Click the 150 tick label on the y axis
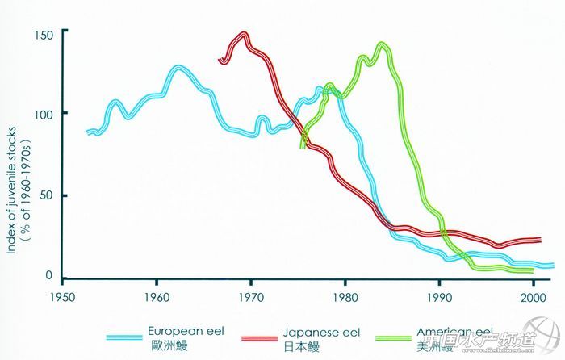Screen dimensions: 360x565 (x=43, y=35)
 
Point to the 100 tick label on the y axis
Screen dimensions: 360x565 (x=43, y=114)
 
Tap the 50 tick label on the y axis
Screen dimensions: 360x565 (x=45, y=195)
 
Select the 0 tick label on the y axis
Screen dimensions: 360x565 (x=48, y=276)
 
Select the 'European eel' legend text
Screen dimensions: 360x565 (x=185, y=332)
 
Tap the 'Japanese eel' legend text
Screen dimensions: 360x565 (x=320, y=332)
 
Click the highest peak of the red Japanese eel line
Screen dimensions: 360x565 (x=242, y=34)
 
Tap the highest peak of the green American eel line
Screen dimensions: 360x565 (x=382, y=44)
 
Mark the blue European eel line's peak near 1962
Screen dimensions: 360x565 (x=178, y=68)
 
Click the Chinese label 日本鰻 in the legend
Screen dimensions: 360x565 (x=308, y=345)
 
